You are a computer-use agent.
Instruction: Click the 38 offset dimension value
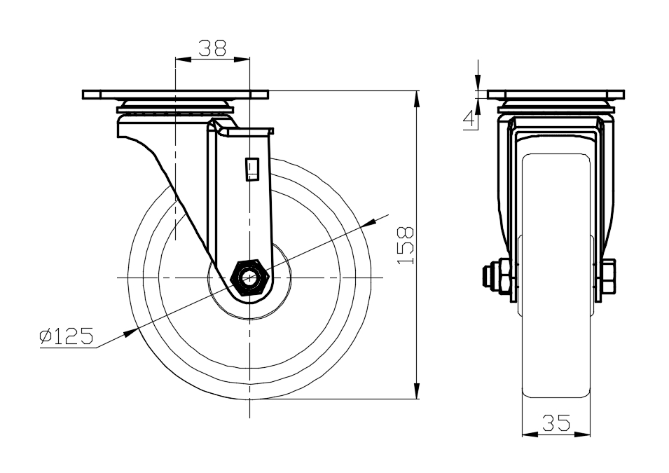coord(212,48)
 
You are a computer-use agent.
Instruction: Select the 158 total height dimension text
coord(406,245)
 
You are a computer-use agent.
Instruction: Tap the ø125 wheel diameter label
coord(66,336)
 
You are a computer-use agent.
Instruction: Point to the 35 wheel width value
coord(556,423)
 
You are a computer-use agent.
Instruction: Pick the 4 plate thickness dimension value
coord(469,120)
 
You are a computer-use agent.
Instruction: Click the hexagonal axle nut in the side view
coord(249,277)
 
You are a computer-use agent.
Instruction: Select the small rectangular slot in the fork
coord(252,170)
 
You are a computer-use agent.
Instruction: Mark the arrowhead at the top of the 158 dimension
coord(417,99)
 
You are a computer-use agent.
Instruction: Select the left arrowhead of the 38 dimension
coord(184,60)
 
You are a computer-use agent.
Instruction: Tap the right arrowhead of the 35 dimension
coord(582,434)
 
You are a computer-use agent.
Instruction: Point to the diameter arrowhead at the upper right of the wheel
coord(369,223)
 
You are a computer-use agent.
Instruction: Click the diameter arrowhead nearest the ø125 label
coord(130,333)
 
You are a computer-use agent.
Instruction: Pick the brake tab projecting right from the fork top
coord(251,132)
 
